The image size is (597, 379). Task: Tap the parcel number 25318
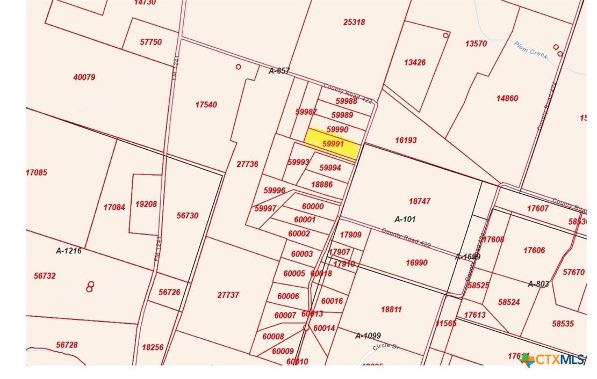354,22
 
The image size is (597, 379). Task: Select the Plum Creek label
530,50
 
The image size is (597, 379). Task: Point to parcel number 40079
84,77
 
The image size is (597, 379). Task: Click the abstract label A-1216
69,251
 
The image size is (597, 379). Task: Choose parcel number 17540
206,105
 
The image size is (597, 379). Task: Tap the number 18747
420,201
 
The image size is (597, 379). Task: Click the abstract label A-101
405,219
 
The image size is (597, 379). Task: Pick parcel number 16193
406,140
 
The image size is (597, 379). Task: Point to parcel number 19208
146,204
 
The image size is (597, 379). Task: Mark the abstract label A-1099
368,336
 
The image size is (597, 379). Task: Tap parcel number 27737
228,295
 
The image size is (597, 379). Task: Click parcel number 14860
507,98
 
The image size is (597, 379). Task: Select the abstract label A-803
538,283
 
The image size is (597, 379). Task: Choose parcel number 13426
414,62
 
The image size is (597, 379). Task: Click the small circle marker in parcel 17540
238,67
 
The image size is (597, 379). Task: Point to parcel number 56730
187,215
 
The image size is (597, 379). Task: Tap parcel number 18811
391,309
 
